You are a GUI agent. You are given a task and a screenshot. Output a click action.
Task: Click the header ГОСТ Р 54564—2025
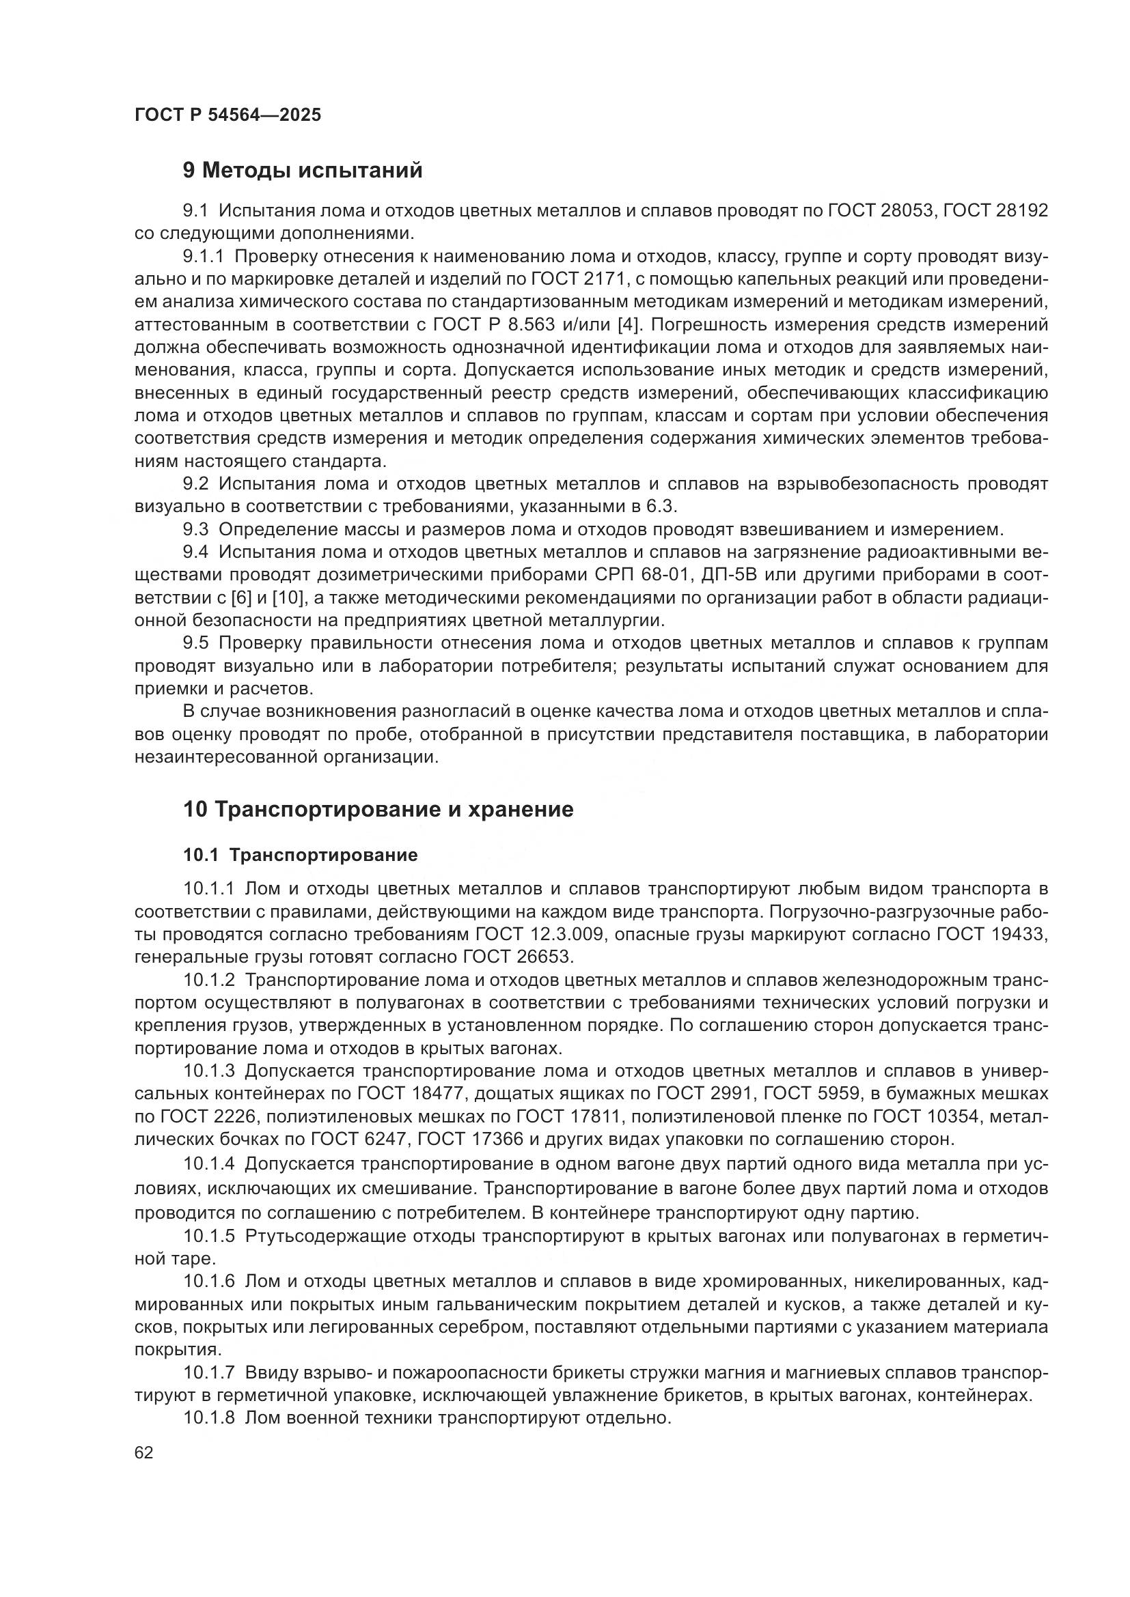coord(228,115)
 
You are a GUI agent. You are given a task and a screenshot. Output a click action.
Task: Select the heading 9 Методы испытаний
coord(303,171)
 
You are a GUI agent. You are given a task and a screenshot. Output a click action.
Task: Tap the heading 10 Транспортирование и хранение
coord(378,810)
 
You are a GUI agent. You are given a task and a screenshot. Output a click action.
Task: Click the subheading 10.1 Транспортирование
coord(300,855)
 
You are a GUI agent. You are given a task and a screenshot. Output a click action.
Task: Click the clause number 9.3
coord(195,529)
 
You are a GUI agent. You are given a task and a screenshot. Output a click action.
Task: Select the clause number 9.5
coord(195,643)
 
